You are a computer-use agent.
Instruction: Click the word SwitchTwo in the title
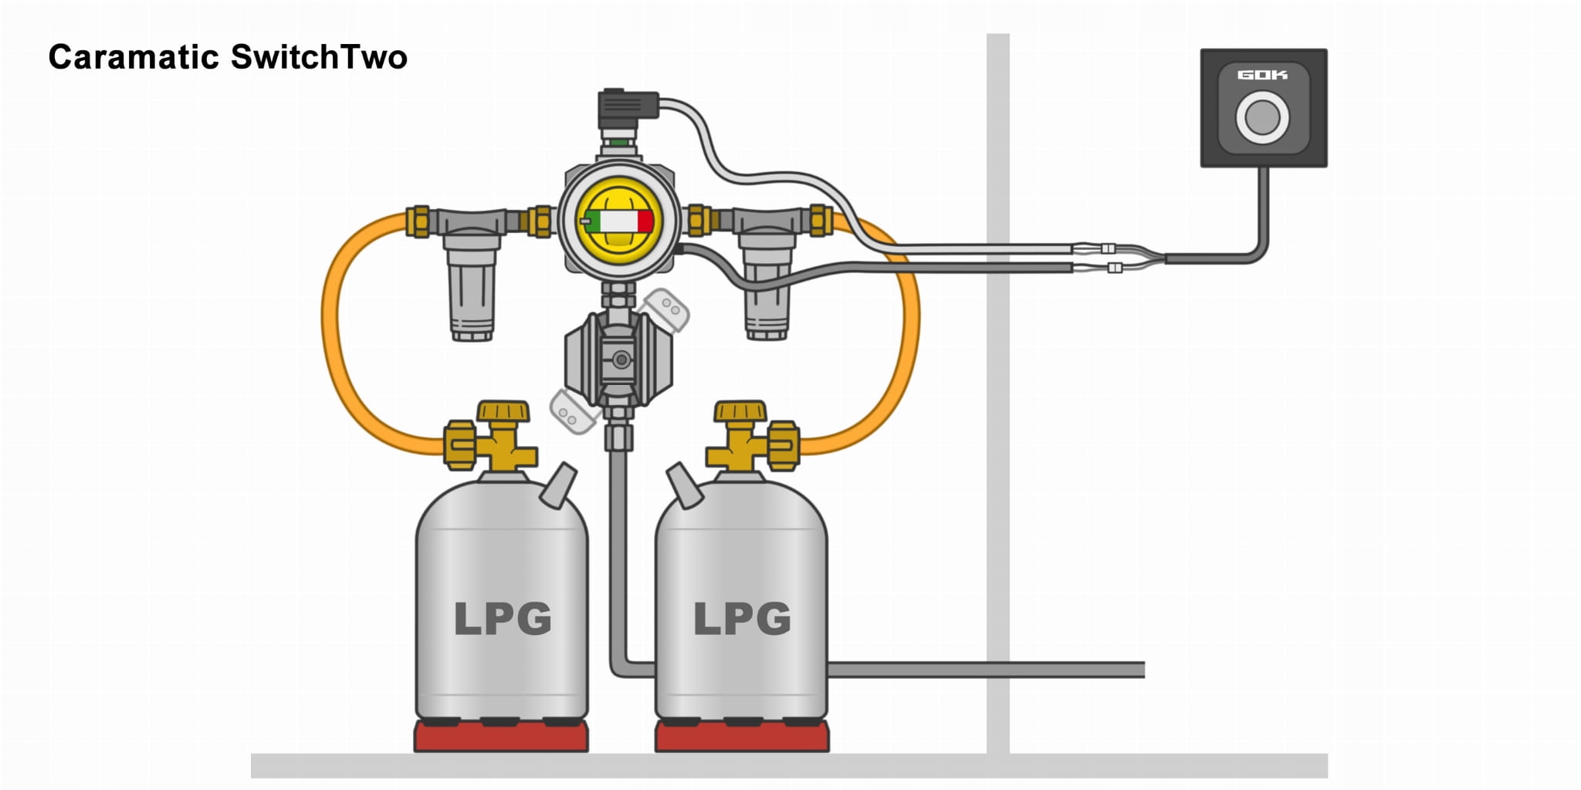[319, 58]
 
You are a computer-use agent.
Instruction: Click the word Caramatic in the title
[134, 58]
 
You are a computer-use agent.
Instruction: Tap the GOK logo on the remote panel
[1262, 75]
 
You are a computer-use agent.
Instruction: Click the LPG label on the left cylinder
[503, 618]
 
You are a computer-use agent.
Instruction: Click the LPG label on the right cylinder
[742, 618]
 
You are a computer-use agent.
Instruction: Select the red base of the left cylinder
[501, 737]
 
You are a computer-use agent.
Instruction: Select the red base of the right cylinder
[742, 737]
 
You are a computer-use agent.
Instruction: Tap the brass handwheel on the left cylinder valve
[503, 411]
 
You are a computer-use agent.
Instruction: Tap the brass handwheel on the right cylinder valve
[740, 411]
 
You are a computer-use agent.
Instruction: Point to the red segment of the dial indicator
[645, 221]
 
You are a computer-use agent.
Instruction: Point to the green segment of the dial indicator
[593, 221]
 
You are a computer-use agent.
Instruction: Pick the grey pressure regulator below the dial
[618, 359]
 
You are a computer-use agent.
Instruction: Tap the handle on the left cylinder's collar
[559, 484]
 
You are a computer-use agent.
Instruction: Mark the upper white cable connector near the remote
[1108, 248]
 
